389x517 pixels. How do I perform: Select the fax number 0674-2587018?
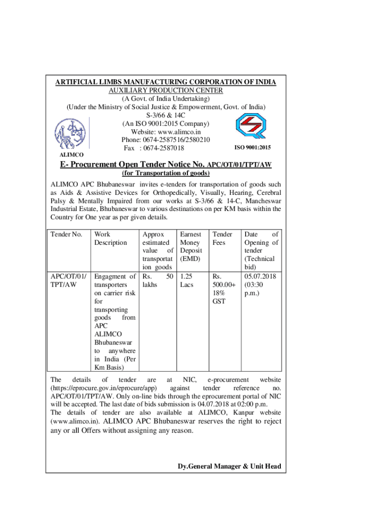pos(161,148)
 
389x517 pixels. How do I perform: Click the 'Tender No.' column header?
pos(67,234)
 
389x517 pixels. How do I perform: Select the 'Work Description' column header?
pos(111,238)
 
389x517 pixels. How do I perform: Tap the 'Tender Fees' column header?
pos(223,238)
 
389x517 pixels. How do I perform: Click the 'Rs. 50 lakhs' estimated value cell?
pos(158,281)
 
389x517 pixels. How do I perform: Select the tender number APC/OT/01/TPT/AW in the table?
pos(69,281)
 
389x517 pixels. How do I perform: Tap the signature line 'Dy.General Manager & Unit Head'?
pos(229,466)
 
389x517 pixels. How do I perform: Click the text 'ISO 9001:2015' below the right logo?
pos(253,147)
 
